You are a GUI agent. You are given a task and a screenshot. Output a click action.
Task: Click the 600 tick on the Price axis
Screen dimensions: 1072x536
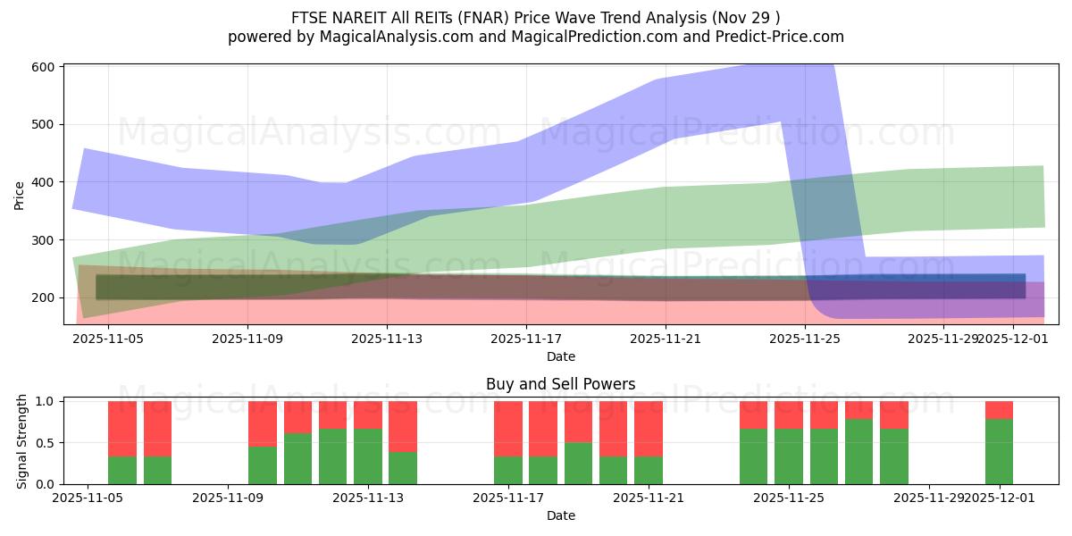(x=44, y=67)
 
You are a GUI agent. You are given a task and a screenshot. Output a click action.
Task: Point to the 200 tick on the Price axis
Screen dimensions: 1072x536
(x=44, y=297)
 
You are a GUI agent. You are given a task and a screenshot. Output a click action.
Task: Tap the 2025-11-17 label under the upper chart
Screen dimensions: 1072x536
(x=526, y=339)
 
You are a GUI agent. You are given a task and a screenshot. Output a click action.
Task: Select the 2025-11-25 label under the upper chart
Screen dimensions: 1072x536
(x=806, y=339)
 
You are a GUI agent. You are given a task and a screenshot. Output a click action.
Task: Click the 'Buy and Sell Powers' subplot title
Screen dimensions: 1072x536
(x=560, y=384)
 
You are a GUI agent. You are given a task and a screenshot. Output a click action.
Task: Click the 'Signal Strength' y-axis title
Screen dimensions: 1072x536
(x=22, y=442)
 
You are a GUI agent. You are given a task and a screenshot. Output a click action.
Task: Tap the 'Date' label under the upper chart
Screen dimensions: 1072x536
(x=560, y=356)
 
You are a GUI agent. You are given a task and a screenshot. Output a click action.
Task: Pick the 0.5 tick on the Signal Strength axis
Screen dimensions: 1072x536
(x=46, y=443)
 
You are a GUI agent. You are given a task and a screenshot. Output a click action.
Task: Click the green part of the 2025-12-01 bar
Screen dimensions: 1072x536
(x=999, y=451)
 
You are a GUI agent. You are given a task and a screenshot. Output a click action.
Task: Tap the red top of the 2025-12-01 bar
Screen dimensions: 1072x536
(x=999, y=410)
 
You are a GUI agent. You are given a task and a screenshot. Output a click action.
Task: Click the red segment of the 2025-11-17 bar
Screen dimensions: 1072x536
(x=508, y=429)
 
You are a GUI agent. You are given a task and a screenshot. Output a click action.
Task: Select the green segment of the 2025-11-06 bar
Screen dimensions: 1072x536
(x=122, y=470)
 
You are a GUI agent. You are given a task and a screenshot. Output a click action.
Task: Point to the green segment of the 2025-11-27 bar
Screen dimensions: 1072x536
(x=893, y=456)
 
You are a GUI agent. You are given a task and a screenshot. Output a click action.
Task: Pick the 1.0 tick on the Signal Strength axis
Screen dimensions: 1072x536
(x=46, y=401)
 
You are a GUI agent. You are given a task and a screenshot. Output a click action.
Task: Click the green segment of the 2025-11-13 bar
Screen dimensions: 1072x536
(x=368, y=456)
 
